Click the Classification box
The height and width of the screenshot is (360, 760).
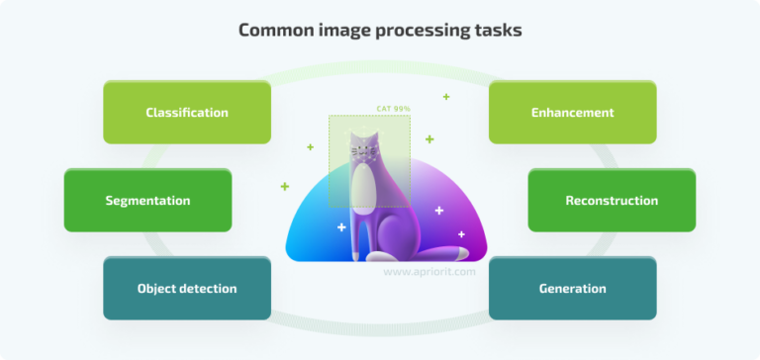coord(186,113)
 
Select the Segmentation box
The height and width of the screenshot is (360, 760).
coord(147,201)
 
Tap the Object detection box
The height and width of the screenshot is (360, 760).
coord(186,289)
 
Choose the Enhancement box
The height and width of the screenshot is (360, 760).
coord(572,113)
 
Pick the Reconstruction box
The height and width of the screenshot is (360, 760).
coord(611,201)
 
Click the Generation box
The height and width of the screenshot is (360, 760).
coord(572,289)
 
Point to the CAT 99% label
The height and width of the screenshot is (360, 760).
coord(394,109)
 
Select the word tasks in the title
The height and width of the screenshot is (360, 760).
coord(499,30)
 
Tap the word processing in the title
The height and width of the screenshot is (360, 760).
coord(426,30)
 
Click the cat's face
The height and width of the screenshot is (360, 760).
coord(365,151)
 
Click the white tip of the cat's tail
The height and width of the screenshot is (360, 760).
coord(462,234)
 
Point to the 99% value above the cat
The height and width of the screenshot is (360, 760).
coord(403,109)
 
